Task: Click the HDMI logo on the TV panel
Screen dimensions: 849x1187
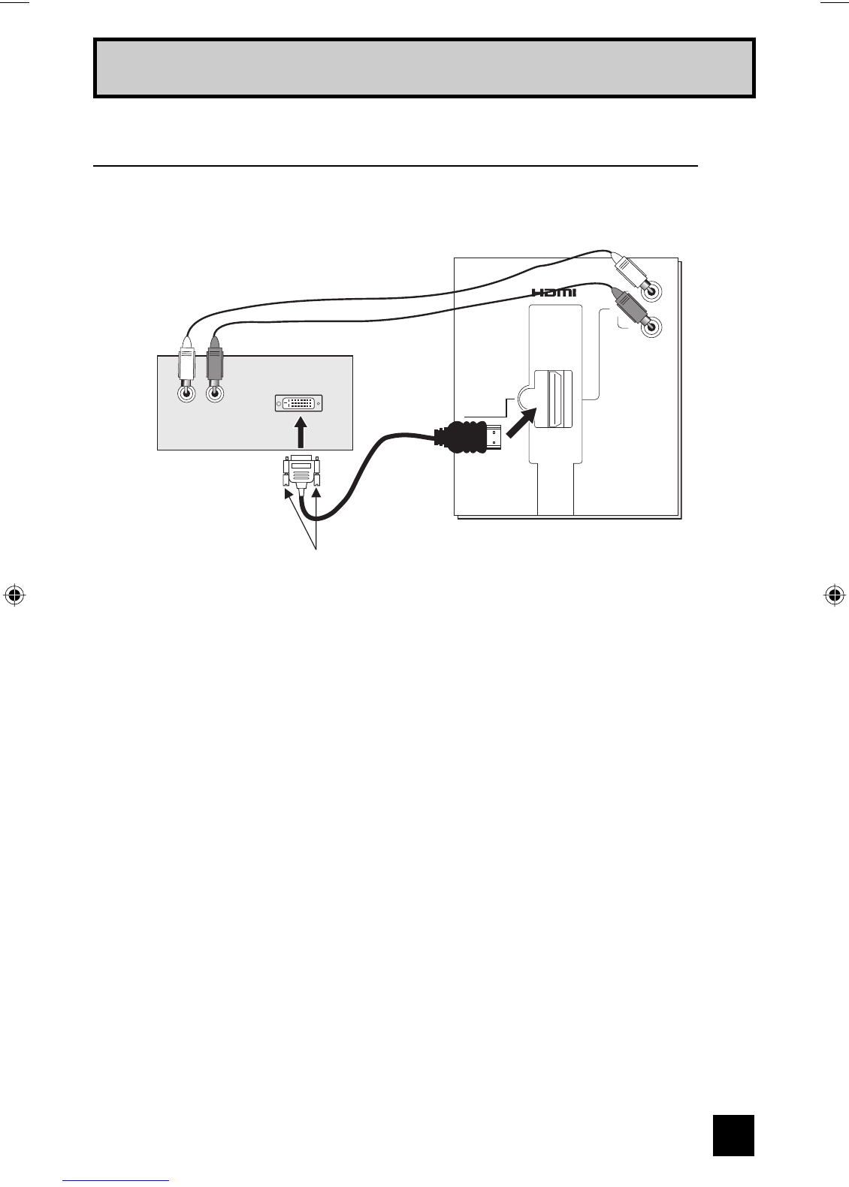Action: tap(554, 292)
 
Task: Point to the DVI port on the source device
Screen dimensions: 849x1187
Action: tap(299, 403)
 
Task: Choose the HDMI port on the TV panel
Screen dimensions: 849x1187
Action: tap(553, 399)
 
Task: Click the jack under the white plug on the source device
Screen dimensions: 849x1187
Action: tap(186, 392)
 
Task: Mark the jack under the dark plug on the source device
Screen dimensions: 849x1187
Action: tap(216, 392)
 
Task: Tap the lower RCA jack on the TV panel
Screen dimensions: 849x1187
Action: tap(652, 327)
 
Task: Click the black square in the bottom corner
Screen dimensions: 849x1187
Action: tap(733, 1134)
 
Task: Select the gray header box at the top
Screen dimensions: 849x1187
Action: tap(424, 68)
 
